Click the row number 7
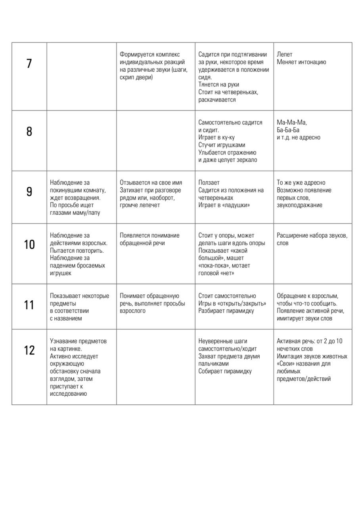click(29, 63)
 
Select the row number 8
click(29, 132)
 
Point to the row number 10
click(29, 244)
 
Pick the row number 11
click(29, 305)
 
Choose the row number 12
click(29, 350)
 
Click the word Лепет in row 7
click(285, 55)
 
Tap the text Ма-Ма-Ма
click(292, 123)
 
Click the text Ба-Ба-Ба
click(288, 130)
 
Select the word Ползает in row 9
click(209, 183)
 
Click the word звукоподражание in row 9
click(299, 206)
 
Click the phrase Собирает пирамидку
click(225, 372)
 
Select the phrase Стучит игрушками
click(222, 145)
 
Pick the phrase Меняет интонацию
click(301, 62)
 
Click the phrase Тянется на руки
click(218, 85)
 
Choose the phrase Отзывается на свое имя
click(151, 183)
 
